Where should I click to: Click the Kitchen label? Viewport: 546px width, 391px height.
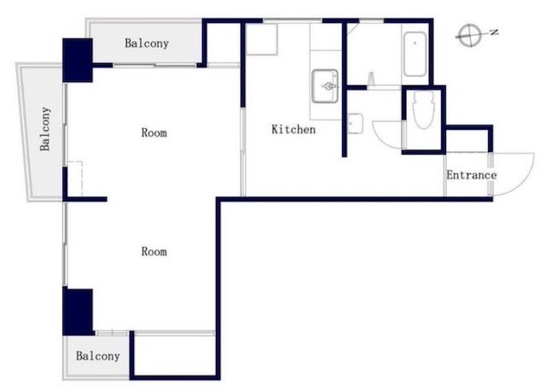coord(293,129)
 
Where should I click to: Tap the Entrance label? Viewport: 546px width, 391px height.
coord(472,175)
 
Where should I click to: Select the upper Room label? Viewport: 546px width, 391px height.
coord(154,133)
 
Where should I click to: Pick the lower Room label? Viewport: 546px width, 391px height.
coord(154,251)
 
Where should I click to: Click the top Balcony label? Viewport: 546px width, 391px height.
coord(147,44)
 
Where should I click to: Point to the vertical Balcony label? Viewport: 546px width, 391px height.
coord(45,129)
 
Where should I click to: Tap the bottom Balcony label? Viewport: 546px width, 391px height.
coord(98,356)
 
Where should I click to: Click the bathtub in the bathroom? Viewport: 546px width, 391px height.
coord(415,54)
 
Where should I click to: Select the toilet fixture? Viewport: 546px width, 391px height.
coord(423,110)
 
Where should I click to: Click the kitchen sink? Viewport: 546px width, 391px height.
coord(325,86)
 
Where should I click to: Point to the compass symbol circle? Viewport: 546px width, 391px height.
coord(470,35)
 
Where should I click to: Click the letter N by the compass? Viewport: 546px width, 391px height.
coord(494,32)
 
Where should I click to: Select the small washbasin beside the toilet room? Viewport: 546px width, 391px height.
coord(356,124)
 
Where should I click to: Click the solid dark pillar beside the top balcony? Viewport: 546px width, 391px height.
coord(78,61)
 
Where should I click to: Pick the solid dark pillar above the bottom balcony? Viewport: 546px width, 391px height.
coord(78,312)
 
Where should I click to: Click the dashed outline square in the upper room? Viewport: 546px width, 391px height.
coord(75,178)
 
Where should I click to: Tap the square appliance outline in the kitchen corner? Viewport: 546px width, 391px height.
coord(262,39)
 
